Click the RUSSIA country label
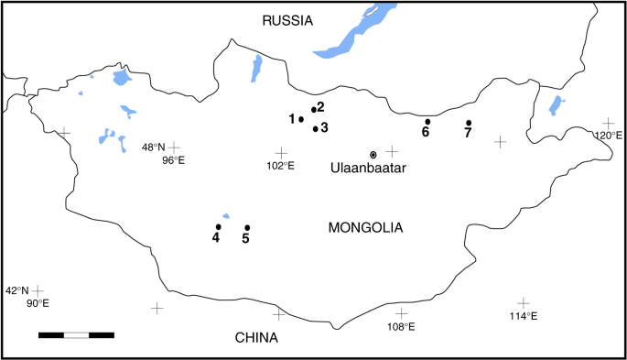click(x=287, y=20)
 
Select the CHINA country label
click(x=256, y=338)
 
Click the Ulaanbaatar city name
click(x=368, y=169)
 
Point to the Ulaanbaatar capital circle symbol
click(x=373, y=154)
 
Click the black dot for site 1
click(x=301, y=119)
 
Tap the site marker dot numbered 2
click(x=314, y=110)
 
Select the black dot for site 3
click(x=316, y=128)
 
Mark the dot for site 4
click(x=218, y=226)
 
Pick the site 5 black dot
click(x=247, y=227)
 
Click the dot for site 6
click(x=427, y=121)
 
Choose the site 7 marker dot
click(x=469, y=123)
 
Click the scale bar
click(x=76, y=334)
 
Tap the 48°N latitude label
click(x=153, y=147)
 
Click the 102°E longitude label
click(x=280, y=166)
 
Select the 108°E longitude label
click(x=401, y=326)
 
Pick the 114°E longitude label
click(x=523, y=316)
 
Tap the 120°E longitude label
click(x=609, y=136)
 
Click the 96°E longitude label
click(x=174, y=160)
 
